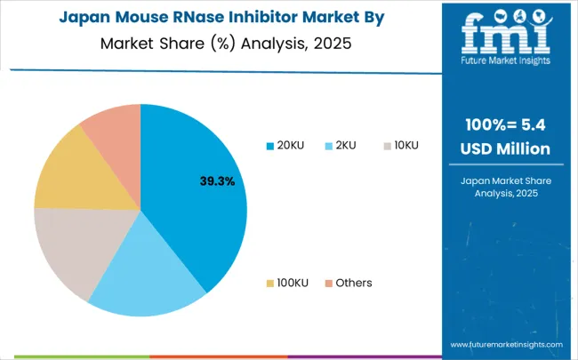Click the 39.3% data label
(216, 181)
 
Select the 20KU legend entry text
(291, 146)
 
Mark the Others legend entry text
(353, 283)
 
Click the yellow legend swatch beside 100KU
(270, 283)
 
